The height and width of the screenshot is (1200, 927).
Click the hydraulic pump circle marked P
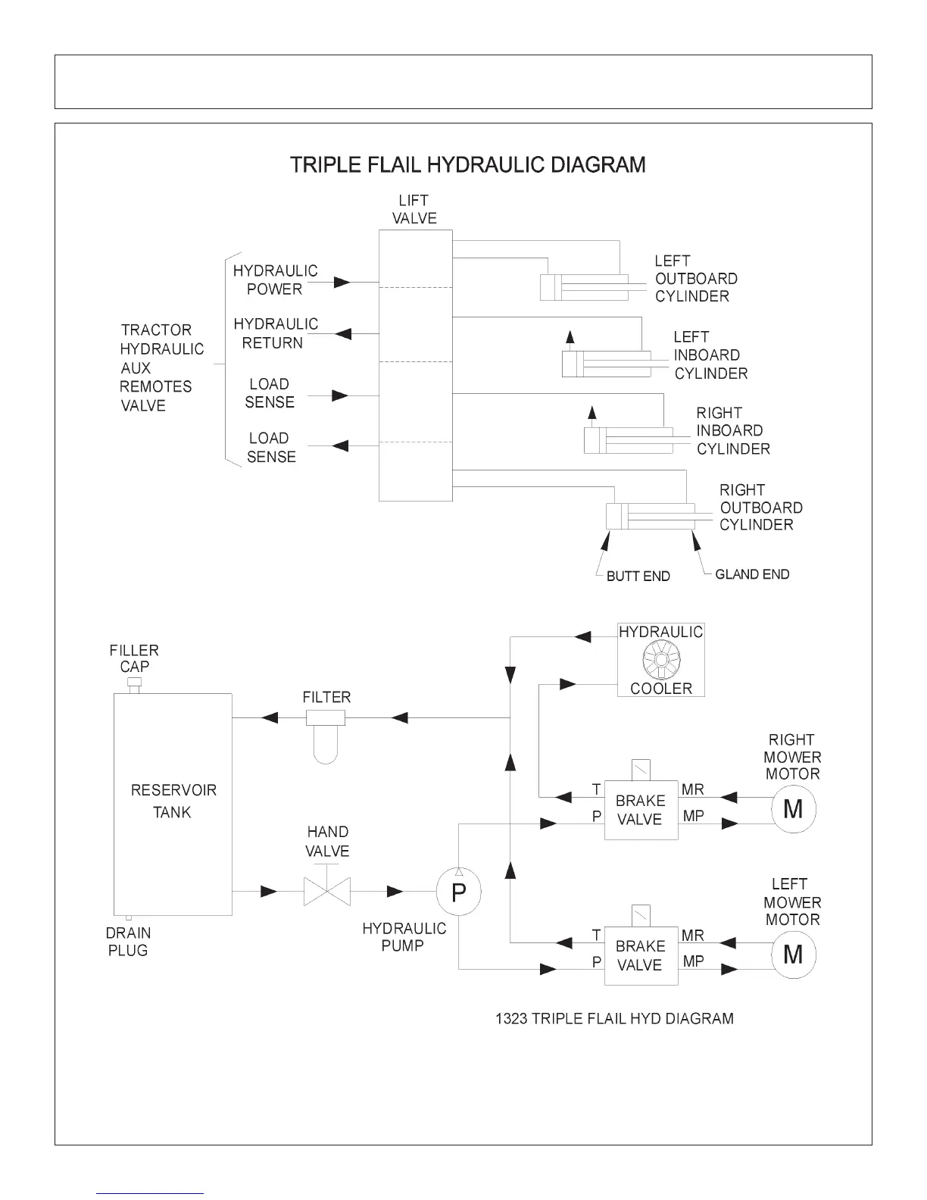[458, 892]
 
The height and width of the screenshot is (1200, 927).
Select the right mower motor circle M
[793, 810]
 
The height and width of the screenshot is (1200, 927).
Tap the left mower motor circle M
[793, 955]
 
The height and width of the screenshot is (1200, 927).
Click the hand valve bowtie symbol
[326, 892]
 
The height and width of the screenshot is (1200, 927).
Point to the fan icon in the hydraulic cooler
[660, 661]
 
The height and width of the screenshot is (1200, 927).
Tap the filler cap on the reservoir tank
[135, 685]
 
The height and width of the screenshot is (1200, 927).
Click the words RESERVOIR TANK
[173, 801]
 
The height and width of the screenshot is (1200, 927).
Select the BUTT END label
[638, 577]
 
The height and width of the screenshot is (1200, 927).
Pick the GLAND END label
[751, 574]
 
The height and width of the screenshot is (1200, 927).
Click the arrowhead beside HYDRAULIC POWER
[342, 283]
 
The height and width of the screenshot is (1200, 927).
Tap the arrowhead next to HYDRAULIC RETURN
[342, 333]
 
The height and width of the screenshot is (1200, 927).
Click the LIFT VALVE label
[414, 209]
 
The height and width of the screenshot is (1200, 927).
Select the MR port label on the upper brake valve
[692, 789]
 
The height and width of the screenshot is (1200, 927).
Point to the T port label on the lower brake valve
[596, 936]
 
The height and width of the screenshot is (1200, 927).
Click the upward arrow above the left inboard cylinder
[570, 338]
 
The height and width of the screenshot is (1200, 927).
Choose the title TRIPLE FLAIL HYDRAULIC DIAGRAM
[468, 164]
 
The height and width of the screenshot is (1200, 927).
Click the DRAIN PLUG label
[128, 942]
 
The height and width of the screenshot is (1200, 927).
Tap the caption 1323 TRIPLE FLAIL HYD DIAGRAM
[614, 1018]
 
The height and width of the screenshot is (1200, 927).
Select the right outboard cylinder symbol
[651, 517]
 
